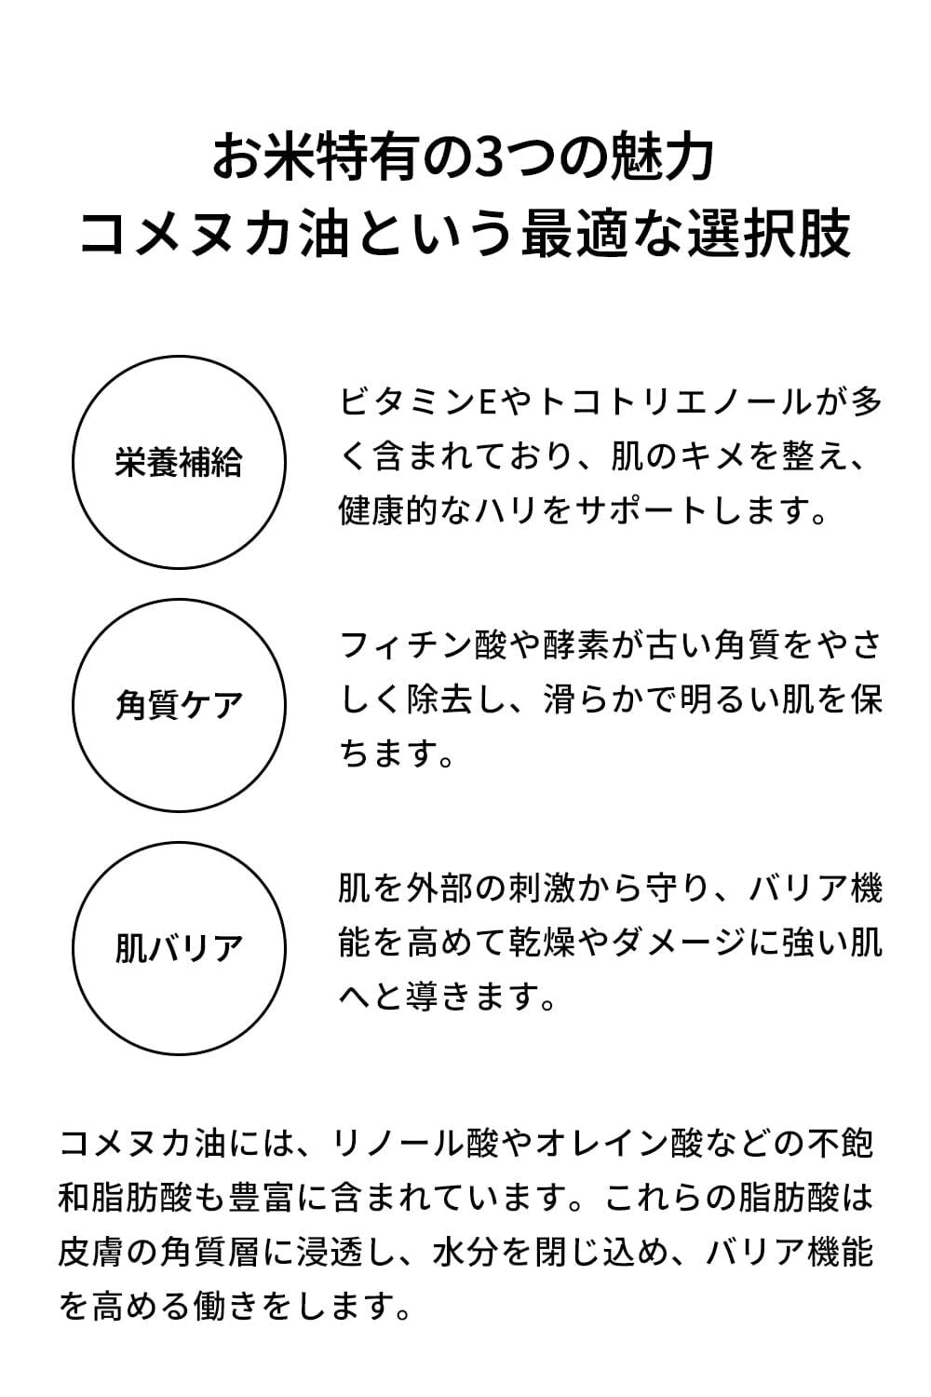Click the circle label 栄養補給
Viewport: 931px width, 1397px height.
(x=179, y=463)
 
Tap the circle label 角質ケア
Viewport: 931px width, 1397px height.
(x=179, y=705)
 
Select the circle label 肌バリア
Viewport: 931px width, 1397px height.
(x=179, y=948)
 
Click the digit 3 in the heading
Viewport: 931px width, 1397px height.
(x=491, y=156)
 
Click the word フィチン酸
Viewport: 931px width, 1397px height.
(x=423, y=645)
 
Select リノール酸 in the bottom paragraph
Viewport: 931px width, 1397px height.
(x=407, y=1143)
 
